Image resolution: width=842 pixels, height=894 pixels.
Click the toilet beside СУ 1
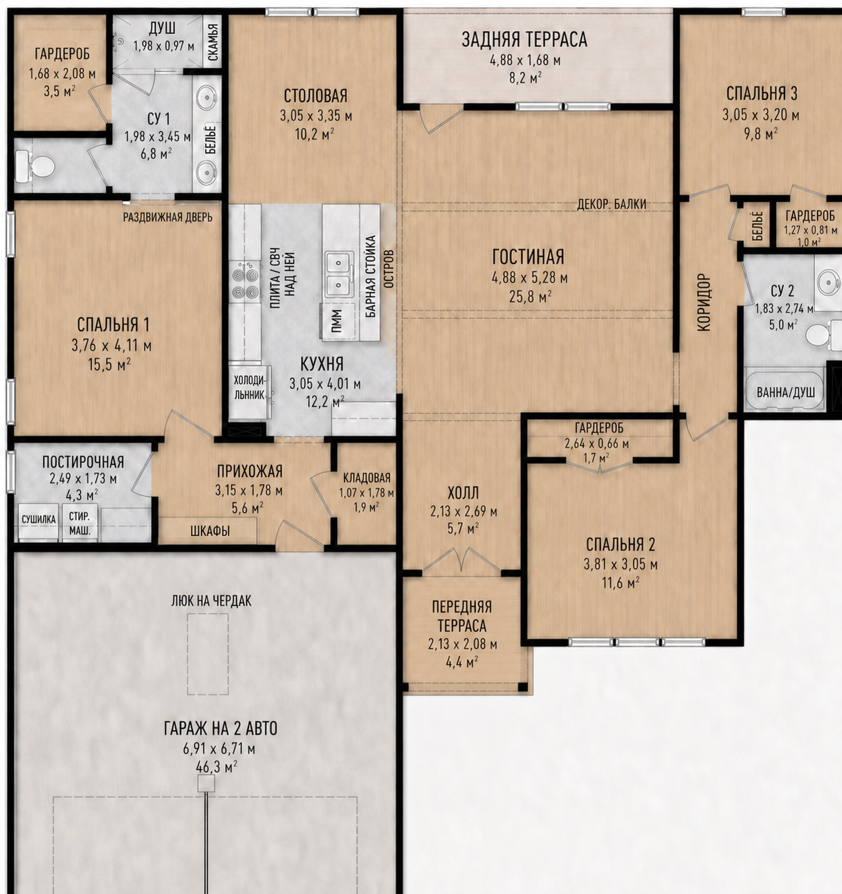click(x=35, y=166)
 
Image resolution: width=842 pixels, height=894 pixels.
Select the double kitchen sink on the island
click(x=339, y=274)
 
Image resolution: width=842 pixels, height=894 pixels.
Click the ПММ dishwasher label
click(x=336, y=322)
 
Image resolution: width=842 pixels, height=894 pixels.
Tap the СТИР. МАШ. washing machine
click(x=80, y=523)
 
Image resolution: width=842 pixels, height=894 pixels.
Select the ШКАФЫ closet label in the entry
click(x=210, y=531)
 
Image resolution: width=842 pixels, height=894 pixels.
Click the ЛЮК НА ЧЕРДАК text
click(x=211, y=601)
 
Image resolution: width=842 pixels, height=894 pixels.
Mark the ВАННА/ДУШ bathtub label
click(x=786, y=393)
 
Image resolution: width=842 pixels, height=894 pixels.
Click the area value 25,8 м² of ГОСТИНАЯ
click(x=530, y=297)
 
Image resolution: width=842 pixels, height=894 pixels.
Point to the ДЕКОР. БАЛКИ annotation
click(x=612, y=205)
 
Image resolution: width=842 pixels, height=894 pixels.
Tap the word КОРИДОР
click(x=704, y=303)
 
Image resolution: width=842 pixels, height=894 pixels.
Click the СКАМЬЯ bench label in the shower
click(x=213, y=42)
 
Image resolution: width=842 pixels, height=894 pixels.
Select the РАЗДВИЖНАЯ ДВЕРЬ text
click(x=167, y=217)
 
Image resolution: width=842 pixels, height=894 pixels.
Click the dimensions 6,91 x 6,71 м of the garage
click(x=219, y=749)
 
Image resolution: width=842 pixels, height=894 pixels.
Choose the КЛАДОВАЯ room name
click(x=367, y=478)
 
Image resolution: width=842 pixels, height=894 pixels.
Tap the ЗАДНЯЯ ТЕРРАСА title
click(x=524, y=39)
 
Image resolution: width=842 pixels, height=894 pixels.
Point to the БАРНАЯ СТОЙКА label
click(x=371, y=277)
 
